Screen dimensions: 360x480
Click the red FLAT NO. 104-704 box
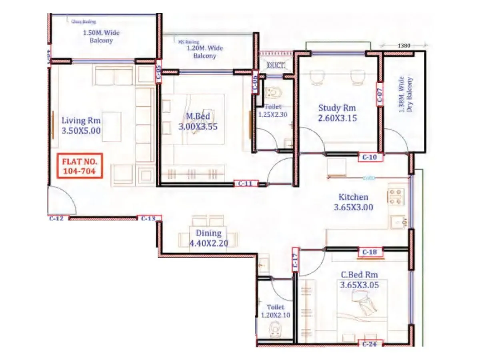(79, 166)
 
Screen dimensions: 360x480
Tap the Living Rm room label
(81, 120)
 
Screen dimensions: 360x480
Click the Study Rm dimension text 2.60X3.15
(338, 118)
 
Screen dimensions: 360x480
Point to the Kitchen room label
(353, 197)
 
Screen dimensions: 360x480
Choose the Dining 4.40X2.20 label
(208, 238)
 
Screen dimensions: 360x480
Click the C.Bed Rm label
(359, 275)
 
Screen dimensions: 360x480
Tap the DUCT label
(276, 65)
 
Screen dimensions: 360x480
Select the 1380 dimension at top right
(404, 46)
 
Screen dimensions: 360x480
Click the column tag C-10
(370, 158)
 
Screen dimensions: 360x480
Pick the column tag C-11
(246, 184)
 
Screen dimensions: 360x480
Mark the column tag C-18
(370, 252)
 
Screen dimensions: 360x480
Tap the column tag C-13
(149, 218)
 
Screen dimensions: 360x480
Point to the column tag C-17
(295, 260)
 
